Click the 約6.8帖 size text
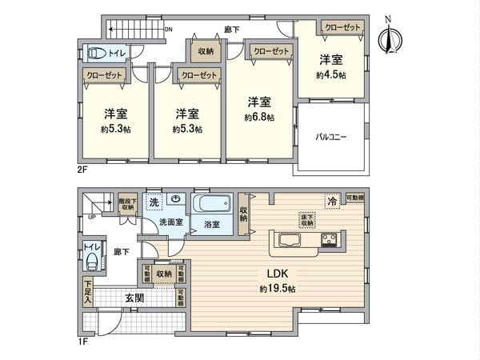[259, 118]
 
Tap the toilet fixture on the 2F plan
[95, 54]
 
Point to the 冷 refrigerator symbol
[330, 201]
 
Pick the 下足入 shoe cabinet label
[86, 289]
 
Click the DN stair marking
[169, 31]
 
